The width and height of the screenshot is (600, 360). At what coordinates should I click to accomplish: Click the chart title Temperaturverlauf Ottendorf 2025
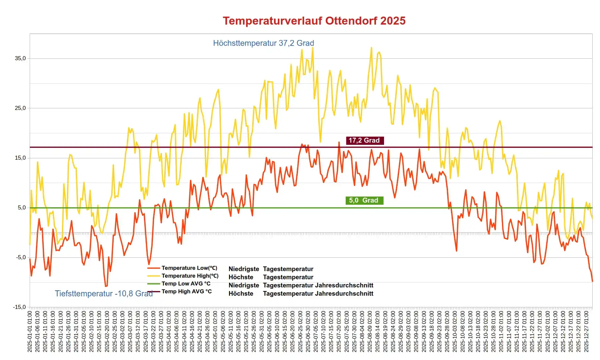coord(314,21)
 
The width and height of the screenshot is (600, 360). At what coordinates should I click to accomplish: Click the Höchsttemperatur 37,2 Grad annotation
coord(263,43)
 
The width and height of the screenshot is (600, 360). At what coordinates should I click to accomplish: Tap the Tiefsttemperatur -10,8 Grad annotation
coord(104,293)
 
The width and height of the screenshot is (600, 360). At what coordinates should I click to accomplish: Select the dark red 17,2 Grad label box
coord(364,140)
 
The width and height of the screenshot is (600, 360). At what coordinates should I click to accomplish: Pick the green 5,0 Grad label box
coord(364,200)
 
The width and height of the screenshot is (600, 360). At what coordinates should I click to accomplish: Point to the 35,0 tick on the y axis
coord(20,58)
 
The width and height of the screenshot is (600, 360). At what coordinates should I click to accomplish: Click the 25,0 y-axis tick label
coord(20,108)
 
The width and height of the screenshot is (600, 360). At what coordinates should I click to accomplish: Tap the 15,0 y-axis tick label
coord(20,158)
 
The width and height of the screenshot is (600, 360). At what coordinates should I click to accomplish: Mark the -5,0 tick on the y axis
coord(20,257)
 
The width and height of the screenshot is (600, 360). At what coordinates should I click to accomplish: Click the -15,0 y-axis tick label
coord(20,307)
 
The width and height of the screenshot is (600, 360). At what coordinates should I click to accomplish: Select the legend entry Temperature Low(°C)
coord(189,268)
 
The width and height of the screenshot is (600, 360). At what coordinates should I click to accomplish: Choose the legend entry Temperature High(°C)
coord(190,276)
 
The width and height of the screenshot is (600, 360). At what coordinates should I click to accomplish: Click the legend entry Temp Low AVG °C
coord(186,284)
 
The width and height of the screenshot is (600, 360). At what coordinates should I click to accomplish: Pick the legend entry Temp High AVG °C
coord(187,291)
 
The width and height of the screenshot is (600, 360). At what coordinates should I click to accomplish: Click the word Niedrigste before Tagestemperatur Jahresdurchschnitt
coord(244,285)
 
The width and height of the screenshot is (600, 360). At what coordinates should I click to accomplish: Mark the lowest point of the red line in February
coord(106,286)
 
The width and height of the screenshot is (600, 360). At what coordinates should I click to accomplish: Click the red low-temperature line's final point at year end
coord(592,281)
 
